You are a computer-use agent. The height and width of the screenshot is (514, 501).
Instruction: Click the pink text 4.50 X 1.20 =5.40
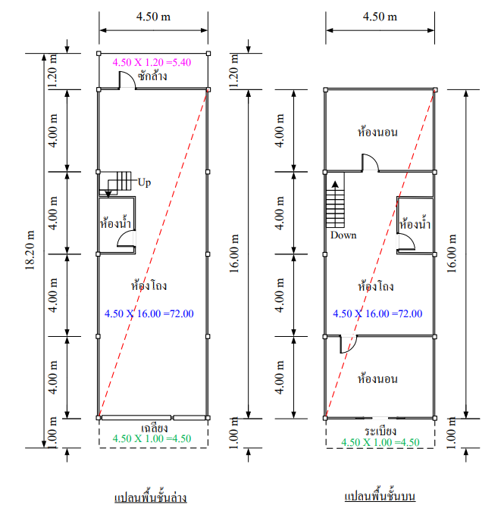point(152,62)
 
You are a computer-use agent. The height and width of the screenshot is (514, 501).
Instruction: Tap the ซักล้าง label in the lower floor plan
point(152,76)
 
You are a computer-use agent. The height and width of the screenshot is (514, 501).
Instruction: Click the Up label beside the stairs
point(144,182)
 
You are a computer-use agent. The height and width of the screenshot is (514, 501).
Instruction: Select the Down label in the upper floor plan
point(343,235)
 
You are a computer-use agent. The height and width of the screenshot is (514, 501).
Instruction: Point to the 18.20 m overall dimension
point(30,250)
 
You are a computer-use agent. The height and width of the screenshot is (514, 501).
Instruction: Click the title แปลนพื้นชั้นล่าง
point(151,497)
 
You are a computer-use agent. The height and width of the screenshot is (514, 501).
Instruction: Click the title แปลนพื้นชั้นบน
point(380,496)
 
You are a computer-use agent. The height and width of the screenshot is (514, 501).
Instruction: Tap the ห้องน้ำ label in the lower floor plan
point(115,223)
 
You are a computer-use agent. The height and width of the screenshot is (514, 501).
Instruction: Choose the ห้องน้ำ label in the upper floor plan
point(415,224)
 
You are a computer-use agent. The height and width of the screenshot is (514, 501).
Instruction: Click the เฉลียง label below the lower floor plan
point(155,428)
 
